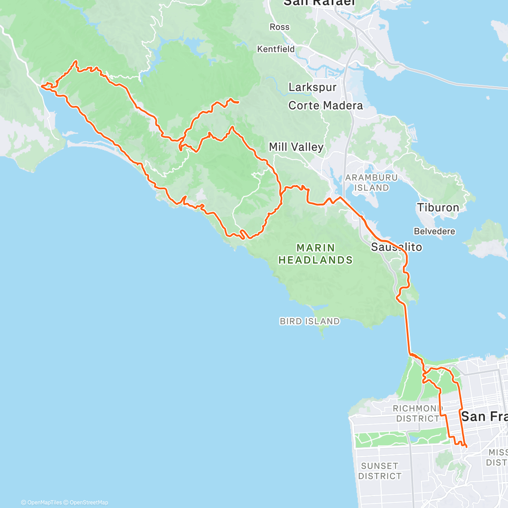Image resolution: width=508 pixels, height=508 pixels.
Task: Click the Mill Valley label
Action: (x=296, y=147)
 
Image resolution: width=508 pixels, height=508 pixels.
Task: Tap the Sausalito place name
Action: (x=396, y=247)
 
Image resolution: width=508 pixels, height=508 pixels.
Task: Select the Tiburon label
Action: (x=438, y=207)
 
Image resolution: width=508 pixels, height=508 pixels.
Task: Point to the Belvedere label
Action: (x=434, y=231)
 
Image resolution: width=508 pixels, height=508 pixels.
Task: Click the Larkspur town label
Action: (x=312, y=87)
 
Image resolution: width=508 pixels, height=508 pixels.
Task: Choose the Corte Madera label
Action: (x=326, y=105)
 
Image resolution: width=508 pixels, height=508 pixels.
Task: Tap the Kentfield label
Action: (x=276, y=49)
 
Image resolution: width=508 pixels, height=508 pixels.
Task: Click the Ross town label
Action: (x=279, y=27)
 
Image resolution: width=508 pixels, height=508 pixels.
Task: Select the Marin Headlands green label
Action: (x=315, y=254)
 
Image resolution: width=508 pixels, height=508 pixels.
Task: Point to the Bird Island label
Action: (x=309, y=321)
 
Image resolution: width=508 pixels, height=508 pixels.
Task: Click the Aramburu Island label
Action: (x=371, y=182)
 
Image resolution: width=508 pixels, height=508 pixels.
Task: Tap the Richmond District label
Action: (x=417, y=414)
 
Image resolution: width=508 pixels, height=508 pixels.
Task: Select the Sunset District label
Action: (x=380, y=471)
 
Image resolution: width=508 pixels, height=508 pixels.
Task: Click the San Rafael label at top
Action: (x=319, y=3)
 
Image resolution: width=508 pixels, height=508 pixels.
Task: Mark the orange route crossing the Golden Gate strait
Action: (x=407, y=330)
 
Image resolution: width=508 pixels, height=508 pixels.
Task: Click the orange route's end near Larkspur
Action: (x=238, y=102)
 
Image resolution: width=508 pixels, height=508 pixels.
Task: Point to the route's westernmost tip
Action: (x=41, y=86)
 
